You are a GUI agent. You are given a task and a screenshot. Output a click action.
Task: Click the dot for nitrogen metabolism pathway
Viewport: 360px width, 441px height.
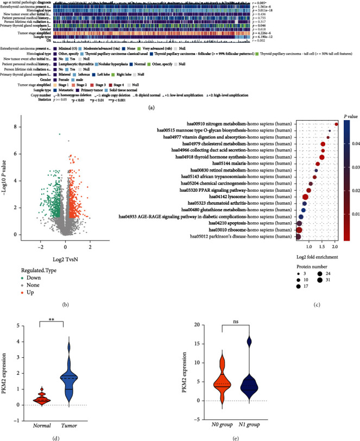click(336, 109)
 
